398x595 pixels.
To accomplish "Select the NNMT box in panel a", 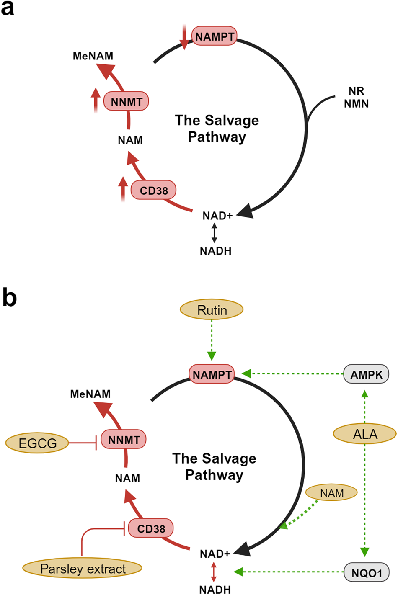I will click(x=126, y=101).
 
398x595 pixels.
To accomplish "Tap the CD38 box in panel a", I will click(x=153, y=191).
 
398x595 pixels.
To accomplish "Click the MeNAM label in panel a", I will click(x=93, y=56).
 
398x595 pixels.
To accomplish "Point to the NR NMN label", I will click(x=356, y=97).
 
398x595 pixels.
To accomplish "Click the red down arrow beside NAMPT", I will click(x=184, y=37).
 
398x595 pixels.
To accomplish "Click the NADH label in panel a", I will click(x=215, y=251).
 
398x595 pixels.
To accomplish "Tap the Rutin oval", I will click(x=212, y=310).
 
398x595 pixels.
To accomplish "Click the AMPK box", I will click(x=366, y=374).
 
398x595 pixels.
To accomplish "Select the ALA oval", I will click(x=365, y=434).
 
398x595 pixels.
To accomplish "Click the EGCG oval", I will click(x=37, y=443).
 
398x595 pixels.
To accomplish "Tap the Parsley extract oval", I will click(x=83, y=569).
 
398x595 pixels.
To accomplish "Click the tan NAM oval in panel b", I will click(x=331, y=493).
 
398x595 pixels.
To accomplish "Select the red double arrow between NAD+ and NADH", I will click(x=214, y=572).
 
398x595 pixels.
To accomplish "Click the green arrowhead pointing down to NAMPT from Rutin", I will click(x=212, y=356).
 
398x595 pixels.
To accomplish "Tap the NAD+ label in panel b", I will click(x=215, y=554).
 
